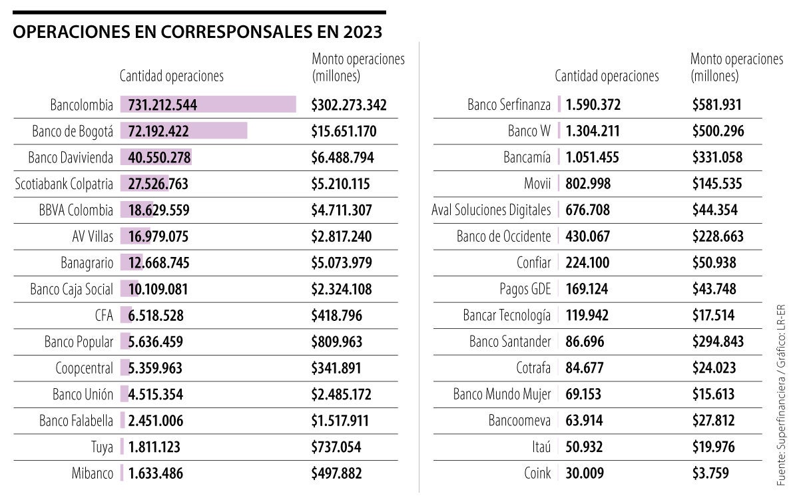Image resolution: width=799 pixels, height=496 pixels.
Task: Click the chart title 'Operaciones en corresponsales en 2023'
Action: click(198, 32)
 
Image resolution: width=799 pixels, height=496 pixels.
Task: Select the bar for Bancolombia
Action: click(208, 105)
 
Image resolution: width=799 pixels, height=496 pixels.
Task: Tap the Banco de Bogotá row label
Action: click(73, 131)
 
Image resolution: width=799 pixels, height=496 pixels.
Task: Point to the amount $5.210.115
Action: click(340, 184)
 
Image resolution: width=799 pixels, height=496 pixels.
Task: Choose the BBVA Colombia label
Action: click(76, 210)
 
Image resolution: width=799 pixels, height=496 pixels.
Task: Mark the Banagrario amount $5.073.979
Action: click(341, 263)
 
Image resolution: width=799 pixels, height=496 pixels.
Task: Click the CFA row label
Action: click(103, 316)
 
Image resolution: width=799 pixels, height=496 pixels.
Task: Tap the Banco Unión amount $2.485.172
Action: click(341, 395)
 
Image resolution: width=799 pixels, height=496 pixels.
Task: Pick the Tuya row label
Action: click(102, 447)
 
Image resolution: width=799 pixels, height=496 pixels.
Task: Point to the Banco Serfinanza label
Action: click(509, 105)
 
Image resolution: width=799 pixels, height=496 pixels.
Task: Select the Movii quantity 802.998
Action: click(588, 184)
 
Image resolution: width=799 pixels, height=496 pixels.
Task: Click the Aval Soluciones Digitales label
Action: click(491, 210)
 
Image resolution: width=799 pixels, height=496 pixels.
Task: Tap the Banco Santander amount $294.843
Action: click(718, 342)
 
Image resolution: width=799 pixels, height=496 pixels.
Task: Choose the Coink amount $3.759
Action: click(710, 474)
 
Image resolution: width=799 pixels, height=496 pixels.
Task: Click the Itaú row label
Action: click(539, 447)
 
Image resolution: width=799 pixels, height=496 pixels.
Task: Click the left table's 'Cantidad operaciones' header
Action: click(172, 76)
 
